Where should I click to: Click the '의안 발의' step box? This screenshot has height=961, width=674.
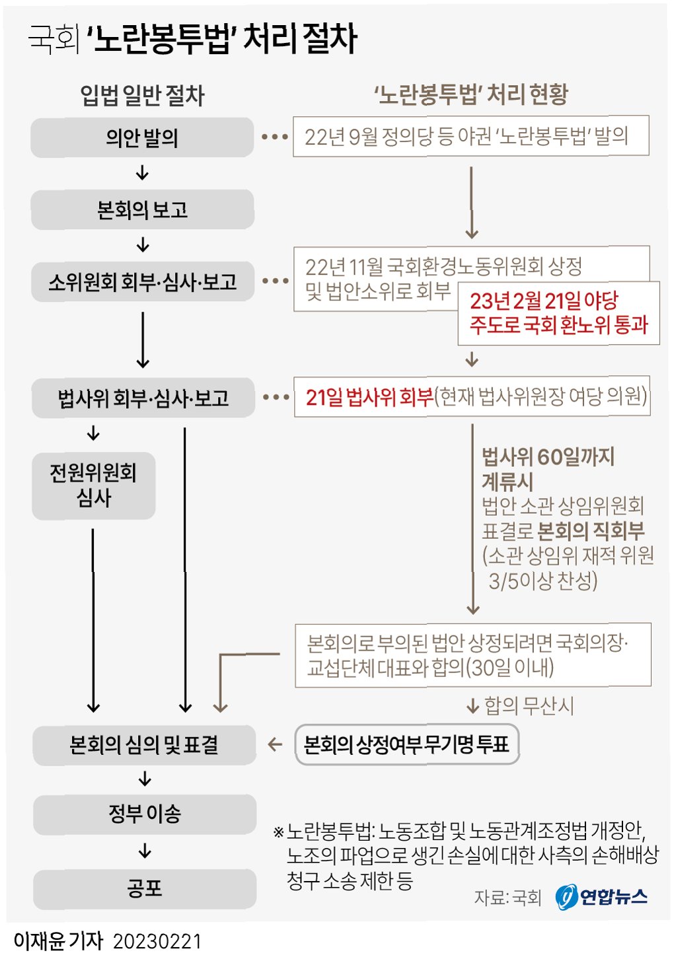(x=142, y=137)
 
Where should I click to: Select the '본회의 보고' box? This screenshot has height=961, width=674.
(x=142, y=210)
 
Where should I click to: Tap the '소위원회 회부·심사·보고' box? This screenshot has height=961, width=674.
(x=142, y=283)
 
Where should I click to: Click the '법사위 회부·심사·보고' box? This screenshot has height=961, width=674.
(x=143, y=398)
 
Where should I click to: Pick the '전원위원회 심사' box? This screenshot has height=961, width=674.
(x=93, y=485)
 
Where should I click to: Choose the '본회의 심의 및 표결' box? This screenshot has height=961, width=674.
(x=144, y=745)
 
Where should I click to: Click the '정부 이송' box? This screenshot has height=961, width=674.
(x=144, y=814)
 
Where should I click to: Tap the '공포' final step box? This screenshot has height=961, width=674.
(x=144, y=888)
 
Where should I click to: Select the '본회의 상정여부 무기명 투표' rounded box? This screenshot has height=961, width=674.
(x=406, y=745)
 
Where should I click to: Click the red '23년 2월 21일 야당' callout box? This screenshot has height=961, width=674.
(x=558, y=313)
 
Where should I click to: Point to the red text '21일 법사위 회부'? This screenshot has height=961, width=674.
(x=369, y=397)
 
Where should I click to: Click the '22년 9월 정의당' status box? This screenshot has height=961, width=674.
(x=470, y=136)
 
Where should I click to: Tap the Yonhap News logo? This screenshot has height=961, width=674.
(x=601, y=896)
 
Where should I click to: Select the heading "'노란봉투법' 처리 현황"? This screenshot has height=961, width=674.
(x=470, y=94)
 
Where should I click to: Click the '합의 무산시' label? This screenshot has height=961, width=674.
(x=529, y=706)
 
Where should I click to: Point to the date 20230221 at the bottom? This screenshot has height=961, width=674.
(x=157, y=941)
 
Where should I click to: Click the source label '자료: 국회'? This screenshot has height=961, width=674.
(x=507, y=898)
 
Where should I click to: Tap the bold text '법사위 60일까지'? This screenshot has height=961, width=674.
(x=548, y=456)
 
